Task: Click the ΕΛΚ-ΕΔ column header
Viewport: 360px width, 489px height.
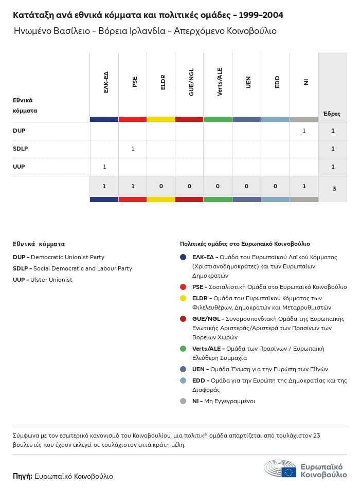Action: [106, 82]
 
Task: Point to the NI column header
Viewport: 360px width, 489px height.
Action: [305, 82]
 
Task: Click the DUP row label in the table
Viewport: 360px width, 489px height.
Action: [19, 131]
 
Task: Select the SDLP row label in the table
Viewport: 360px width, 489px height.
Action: [21, 149]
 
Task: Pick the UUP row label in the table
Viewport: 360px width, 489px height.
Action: [19, 167]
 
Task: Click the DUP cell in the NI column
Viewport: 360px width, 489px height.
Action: [304, 131]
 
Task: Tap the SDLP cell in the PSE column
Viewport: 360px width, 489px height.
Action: [133, 149]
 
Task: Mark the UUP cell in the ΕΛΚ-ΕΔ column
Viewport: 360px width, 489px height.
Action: [104, 167]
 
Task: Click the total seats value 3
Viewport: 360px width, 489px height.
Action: [334, 189]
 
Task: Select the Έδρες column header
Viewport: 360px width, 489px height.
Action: [331, 114]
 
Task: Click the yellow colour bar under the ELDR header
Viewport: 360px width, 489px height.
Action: [161, 119]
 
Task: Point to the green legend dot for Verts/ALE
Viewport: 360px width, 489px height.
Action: [183, 349]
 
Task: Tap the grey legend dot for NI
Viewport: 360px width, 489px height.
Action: [183, 401]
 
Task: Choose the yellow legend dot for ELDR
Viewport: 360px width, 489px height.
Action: [183, 298]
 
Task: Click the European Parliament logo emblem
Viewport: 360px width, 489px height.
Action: [280, 469]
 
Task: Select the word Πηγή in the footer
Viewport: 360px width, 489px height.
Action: [23, 476]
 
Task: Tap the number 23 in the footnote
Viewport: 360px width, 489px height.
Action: [316, 436]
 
